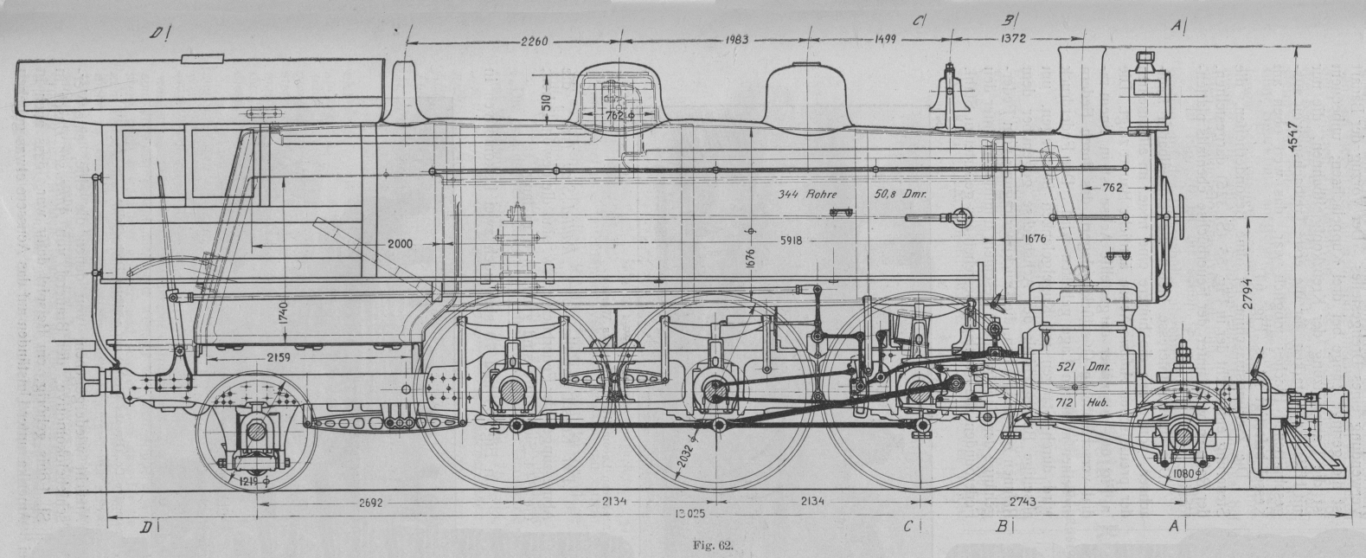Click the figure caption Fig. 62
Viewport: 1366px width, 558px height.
click(717, 545)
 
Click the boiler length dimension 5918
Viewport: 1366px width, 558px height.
click(799, 241)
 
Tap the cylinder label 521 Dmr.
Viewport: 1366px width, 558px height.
click(1079, 366)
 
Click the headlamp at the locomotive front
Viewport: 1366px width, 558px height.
click(1149, 87)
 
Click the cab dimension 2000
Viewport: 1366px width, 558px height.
click(400, 244)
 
